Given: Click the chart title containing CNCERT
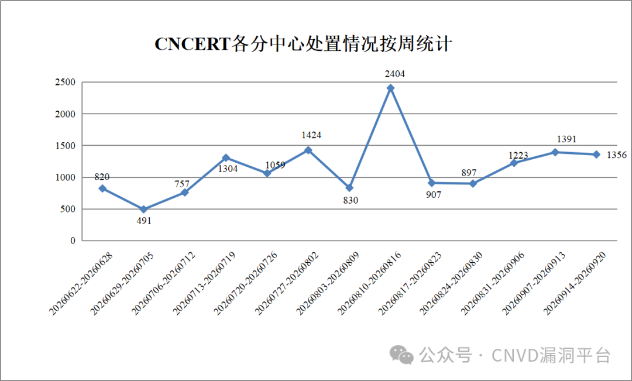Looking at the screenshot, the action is pos(303,44).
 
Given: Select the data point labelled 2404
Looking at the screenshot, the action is pos(390,88).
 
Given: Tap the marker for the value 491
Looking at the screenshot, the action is pos(143,210).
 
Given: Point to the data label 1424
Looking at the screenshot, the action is pos(311,135).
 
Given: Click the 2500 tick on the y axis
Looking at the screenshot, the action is pos(66,83).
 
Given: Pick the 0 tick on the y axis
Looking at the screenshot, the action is pos(73,241).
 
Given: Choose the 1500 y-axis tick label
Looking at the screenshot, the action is pos(66,146).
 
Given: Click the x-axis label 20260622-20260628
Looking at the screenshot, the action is pos(81,283).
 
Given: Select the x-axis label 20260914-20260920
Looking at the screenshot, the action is pos(575,283).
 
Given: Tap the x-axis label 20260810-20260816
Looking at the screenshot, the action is pos(369,283).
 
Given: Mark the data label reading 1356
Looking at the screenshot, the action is pos(617,155).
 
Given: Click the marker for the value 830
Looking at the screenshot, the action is pos(349,188).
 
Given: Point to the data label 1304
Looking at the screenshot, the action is pos(228,169).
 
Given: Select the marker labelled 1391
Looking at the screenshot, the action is pos(555,152).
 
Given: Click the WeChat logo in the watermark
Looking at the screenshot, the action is pos(401,355).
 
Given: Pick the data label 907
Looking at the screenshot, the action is pos(434,195).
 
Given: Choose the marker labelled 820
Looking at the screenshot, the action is pos(102,188).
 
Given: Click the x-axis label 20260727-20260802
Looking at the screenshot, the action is pos(287,283).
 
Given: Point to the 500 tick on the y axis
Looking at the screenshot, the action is pos(68,210).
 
